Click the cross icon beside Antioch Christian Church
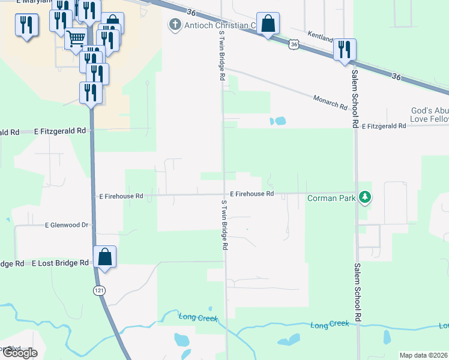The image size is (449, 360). (x=175, y=25)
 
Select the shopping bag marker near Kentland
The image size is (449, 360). (x=268, y=25)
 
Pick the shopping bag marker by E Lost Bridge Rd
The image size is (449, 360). (x=105, y=257)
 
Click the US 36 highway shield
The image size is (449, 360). (x=293, y=44)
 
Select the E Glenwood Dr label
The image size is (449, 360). (x=67, y=225)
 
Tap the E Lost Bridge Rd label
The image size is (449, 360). (x=60, y=263)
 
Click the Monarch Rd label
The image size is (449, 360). (x=330, y=102)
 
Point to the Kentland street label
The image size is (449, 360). (x=320, y=37)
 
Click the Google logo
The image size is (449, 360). (x=20, y=353)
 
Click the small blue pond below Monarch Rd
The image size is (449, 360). (x=277, y=121)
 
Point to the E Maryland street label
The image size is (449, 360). (x=34, y=2)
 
